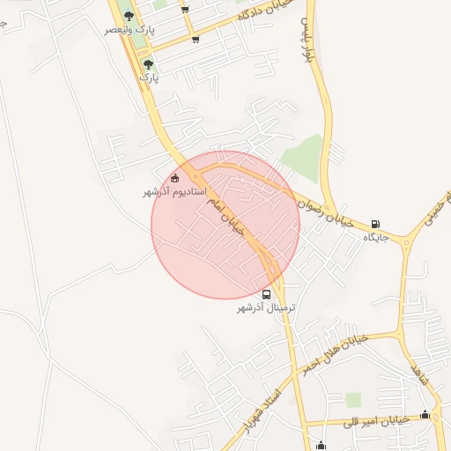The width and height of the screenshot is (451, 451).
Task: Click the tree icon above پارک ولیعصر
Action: (129, 16)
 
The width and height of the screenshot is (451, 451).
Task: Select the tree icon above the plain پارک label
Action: (147, 64)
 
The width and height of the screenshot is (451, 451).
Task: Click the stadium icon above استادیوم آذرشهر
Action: (174, 179)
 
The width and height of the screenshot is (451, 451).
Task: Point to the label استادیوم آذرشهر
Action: (174, 191)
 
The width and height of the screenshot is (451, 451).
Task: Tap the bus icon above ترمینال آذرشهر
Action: (267, 294)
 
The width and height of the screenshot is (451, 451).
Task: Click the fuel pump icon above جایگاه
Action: (376, 224)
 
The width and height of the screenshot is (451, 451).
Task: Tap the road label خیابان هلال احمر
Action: (332, 352)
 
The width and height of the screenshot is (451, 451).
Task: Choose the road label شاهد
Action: (418, 381)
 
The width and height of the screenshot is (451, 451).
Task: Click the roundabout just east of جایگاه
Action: (406, 240)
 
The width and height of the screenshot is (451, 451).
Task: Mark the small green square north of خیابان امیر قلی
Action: (353, 400)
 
